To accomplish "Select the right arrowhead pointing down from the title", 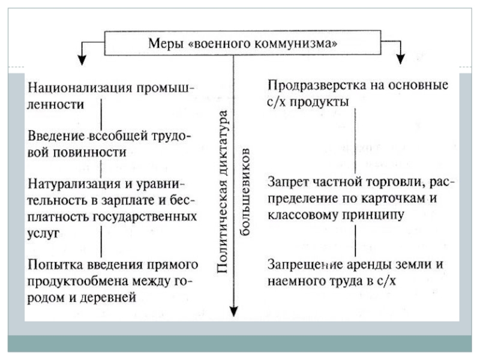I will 400,58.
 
